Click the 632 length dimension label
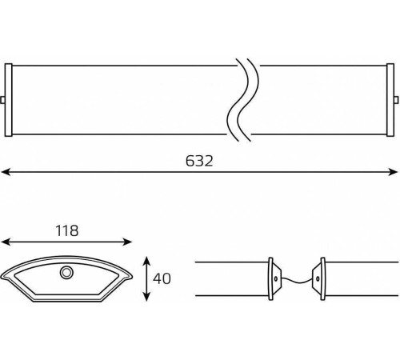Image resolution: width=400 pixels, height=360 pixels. click(199, 161)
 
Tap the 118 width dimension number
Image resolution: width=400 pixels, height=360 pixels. click(67, 231)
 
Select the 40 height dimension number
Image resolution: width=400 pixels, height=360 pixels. click(162, 278)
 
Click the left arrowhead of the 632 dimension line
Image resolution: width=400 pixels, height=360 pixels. click(6, 172)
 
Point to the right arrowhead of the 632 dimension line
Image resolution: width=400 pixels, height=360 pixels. click(393, 172)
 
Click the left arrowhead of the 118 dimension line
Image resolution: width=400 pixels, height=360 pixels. click(6, 242)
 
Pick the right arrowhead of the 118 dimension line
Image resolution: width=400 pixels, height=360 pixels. click(127, 242)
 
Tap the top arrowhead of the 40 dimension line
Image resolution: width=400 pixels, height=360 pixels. click(146, 262)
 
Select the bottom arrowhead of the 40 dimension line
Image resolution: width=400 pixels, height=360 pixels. click(146, 296)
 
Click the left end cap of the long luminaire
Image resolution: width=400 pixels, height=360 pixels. click(9, 100)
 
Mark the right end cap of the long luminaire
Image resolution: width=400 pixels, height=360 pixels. click(390, 100)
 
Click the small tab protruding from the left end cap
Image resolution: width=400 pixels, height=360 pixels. click(2, 100)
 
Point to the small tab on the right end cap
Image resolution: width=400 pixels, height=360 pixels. click(396, 100)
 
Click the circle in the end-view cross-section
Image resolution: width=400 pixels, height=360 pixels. click(66, 273)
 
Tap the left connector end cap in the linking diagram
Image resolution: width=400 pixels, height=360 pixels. click(274, 279)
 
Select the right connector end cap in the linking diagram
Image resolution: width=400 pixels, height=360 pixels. click(319, 279)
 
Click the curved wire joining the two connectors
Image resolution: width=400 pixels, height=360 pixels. click(297, 282)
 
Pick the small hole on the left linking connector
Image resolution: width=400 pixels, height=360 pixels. click(276, 279)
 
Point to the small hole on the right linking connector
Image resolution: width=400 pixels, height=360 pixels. click(318, 279)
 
